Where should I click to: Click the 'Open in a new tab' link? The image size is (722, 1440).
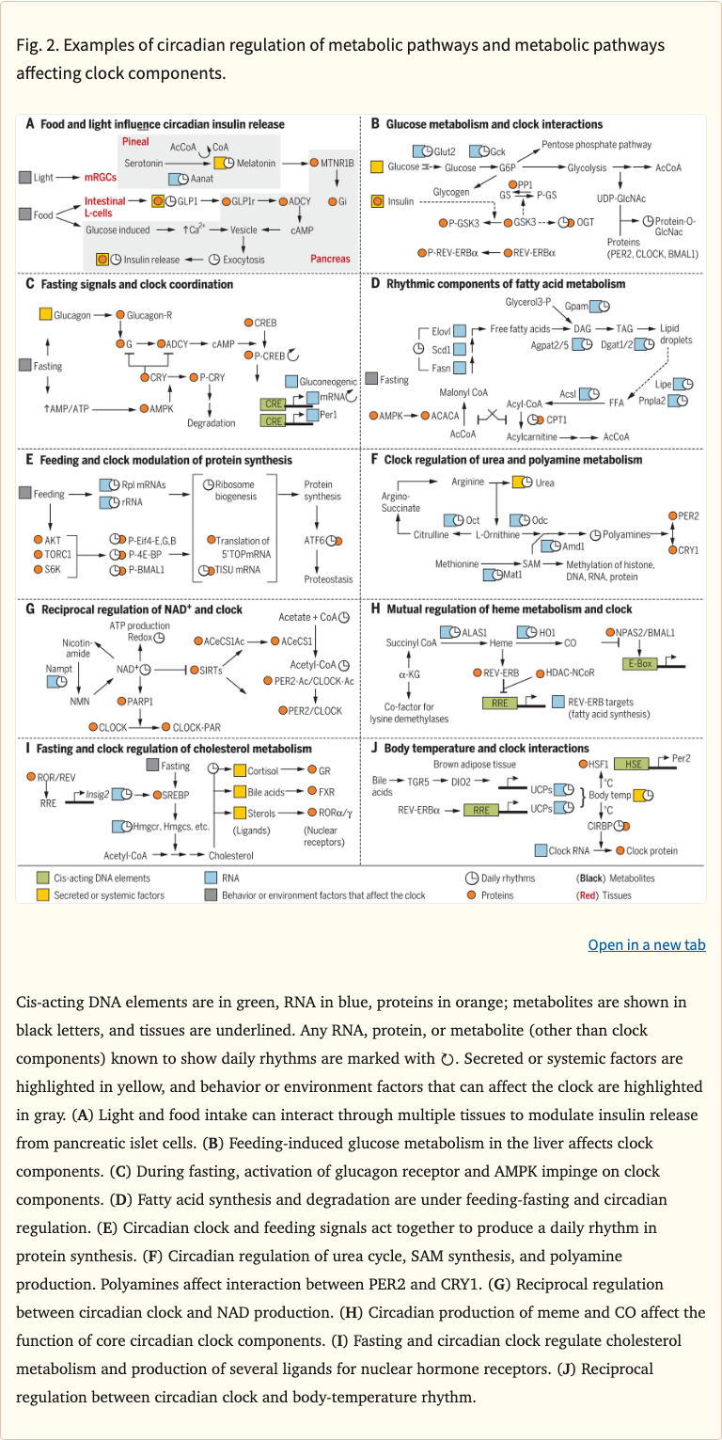tap(646, 944)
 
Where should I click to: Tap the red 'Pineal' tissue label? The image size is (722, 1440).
tap(137, 140)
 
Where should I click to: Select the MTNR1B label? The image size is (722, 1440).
tap(337, 163)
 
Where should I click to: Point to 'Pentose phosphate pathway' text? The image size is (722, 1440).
tap(596, 146)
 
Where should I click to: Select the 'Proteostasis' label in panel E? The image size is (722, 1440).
tap(320, 581)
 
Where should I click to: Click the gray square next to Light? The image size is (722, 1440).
tap(24, 177)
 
